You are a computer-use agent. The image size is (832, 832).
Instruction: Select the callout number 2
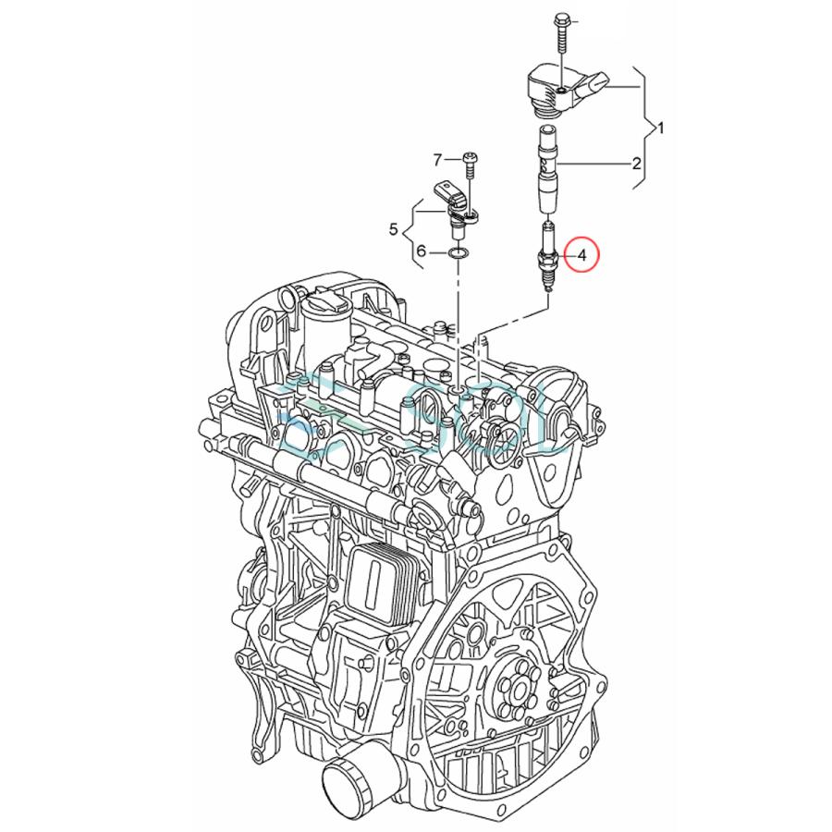tap(636, 165)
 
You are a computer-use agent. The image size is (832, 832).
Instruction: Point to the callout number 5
tap(394, 228)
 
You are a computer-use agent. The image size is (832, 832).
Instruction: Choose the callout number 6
tap(422, 251)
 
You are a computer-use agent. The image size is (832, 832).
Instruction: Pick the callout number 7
tap(439, 159)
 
